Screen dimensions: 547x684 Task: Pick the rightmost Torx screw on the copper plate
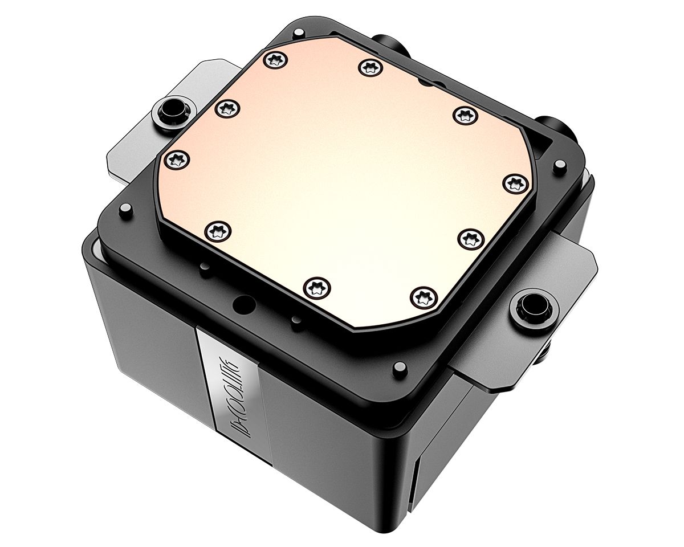tap(516, 183)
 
